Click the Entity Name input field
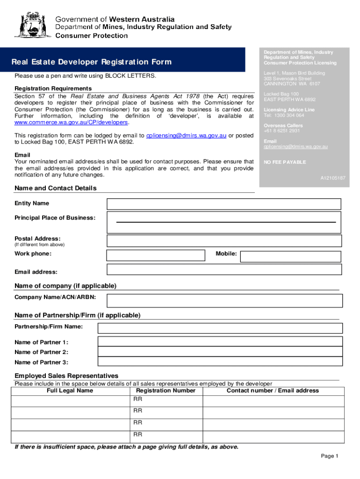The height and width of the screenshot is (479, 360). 224,204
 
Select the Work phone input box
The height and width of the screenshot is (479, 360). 156,255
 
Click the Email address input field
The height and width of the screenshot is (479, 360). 224,269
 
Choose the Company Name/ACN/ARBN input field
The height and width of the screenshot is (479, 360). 224,300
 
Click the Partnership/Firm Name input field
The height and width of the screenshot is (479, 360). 218,328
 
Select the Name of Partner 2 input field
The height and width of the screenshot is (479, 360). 218,352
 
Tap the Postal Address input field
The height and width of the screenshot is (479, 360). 224,240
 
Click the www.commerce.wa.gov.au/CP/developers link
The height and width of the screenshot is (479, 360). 71,122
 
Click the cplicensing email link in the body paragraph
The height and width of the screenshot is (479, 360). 186,136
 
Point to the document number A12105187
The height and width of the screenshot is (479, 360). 332,178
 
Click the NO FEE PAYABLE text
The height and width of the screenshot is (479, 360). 285,162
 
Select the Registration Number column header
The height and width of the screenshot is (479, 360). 166,391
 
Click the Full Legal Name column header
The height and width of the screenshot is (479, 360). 70,391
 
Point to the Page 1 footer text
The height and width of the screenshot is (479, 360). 329,456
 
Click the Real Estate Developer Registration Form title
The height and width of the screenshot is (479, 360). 92,62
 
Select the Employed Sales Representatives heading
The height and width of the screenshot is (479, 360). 66,376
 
